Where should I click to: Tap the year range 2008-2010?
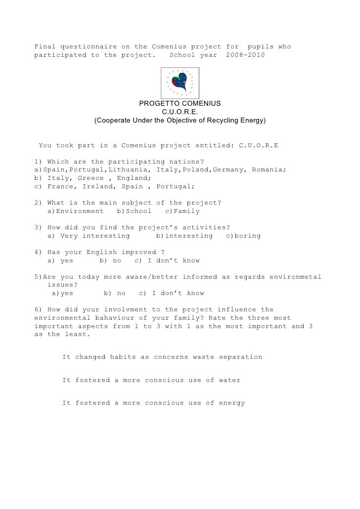[245, 55]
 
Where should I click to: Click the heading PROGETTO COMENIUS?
[180, 104]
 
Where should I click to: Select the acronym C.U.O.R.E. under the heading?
[180, 112]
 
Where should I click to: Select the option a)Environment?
[76, 212]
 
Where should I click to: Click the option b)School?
[134, 212]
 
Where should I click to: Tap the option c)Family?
[182, 212]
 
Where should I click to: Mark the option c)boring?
[243, 236]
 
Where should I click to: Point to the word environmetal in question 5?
[295, 277]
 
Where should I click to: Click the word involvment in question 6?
[121, 310]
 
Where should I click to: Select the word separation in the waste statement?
[238, 357]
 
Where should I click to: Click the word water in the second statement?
[229, 380]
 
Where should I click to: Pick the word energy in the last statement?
[231, 403]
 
